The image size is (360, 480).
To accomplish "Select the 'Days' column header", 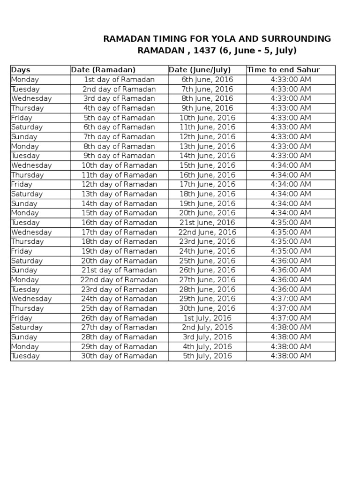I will click(21, 70).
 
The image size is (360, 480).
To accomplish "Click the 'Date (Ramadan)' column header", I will click(103, 70).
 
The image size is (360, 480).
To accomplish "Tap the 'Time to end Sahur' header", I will click(284, 70).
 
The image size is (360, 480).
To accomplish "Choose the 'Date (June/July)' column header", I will click(200, 70).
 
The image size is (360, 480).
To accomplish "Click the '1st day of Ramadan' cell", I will click(119, 80).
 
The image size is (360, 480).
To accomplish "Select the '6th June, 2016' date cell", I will click(207, 80).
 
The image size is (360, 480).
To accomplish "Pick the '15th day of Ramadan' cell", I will click(119, 213).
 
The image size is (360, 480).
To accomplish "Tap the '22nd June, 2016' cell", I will click(207, 232).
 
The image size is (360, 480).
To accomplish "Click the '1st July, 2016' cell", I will click(207, 318).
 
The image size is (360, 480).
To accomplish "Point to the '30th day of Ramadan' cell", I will click(119, 356).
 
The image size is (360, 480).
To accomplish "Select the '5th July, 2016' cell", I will click(207, 356).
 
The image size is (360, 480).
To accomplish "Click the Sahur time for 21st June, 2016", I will click(291, 223).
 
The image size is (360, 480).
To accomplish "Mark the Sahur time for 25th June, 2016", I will click(291, 261).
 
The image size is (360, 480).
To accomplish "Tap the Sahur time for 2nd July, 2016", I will click(291, 327).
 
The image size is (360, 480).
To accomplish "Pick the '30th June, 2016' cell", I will click(207, 308).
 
